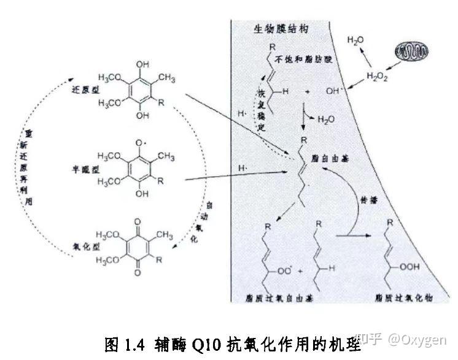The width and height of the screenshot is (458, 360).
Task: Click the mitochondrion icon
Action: [x=413, y=52]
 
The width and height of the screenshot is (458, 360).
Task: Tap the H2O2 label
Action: [x=377, y=77]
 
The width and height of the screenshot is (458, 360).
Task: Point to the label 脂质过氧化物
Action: [x=403, y=297]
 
